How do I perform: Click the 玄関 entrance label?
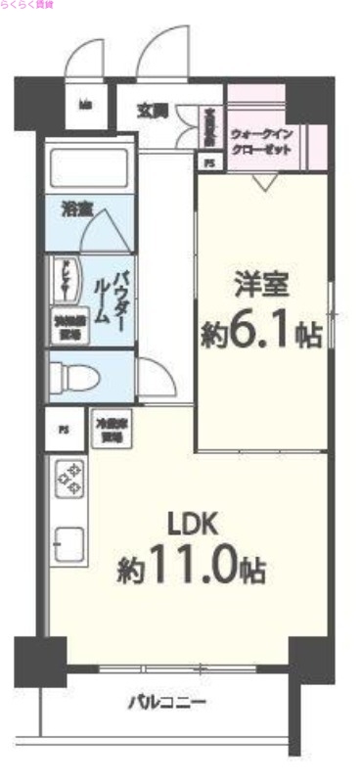tap(150, 109)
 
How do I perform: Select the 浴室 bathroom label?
tap(73, 208)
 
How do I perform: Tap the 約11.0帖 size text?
tap(193, 568)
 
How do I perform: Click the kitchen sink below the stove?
tap(70, 543)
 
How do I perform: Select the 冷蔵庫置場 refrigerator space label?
tap(107, 430)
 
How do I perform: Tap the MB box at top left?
tap(86, 105)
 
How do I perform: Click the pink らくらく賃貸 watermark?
tap(28, 6)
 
